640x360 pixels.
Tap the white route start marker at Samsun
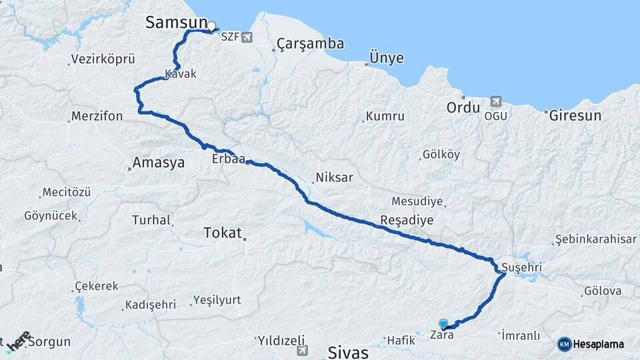(211, 27)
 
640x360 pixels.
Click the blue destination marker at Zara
(443, 323)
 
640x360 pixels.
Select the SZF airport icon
(248, 37)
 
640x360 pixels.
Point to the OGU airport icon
(495, 101)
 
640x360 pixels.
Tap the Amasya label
(158, 162)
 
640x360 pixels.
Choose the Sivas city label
(348, 351)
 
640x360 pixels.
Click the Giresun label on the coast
(575, 115)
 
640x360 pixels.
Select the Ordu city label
(463, 107)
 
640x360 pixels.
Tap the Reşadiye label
(407, 220)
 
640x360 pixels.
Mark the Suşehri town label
(523, 268)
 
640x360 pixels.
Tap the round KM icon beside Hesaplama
(565, 344)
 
